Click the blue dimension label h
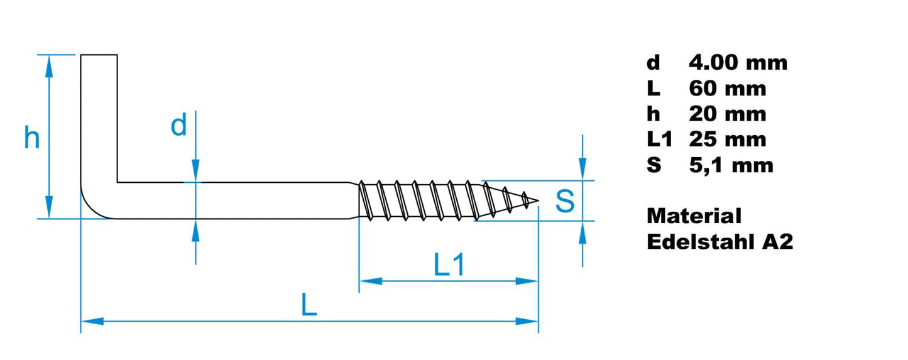(x=31, y=138)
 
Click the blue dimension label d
(x=179, y=126)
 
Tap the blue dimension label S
(x=565, y=201)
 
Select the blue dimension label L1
(x=449, y=266)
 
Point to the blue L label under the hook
(x=308, y=305)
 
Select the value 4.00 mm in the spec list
(x=738, y=63)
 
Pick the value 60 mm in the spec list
(x=727, y=89)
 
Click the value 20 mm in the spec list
(x=727, y=114)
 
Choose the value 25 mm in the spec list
(x=727, y=139)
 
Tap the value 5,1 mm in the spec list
(x=731, y=165)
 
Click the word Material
(x=694, y=216)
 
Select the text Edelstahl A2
(x=719, y=242)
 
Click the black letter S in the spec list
(x=654, y=165)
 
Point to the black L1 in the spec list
(x=659, y=139)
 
